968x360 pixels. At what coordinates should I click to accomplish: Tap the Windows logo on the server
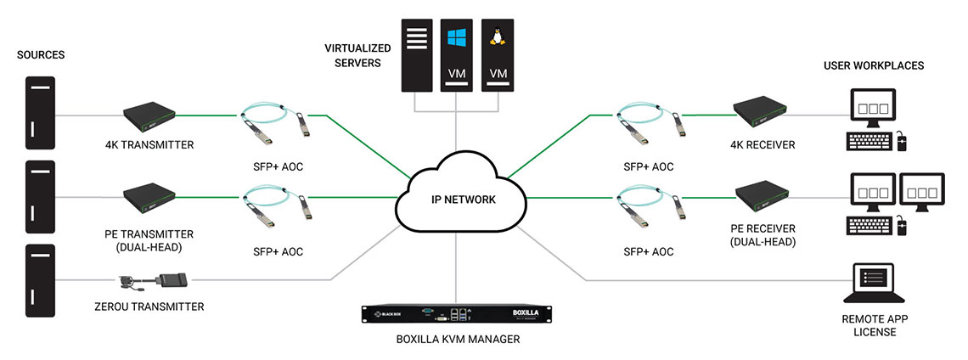tap(456, 39)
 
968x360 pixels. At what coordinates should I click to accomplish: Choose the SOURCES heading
tap(41, 55)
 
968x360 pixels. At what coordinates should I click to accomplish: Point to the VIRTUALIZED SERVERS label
tap(352, 55)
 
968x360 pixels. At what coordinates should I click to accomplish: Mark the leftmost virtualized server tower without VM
tap(417, 54)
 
